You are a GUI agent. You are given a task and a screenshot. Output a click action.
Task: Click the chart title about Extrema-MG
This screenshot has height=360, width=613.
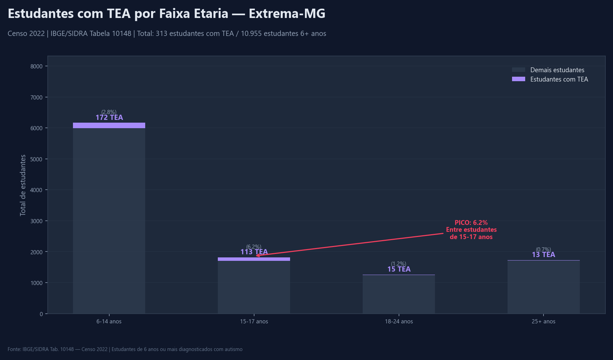(x=166, y=14)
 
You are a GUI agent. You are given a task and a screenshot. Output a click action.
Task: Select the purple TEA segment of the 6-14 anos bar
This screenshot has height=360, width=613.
(x=109, y=125)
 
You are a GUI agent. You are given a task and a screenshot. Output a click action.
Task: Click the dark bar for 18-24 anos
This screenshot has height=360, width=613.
(x=399, y=294)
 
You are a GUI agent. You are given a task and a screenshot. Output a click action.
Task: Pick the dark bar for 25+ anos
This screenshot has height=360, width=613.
(x=543, y=287)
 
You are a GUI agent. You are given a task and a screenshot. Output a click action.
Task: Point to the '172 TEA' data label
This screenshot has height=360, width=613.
(x=109, y=117)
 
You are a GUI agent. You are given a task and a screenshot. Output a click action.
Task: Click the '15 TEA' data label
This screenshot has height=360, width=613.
(x=399, y=269)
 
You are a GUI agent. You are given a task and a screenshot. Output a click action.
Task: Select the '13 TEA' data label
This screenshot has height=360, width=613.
(x=543, y=255)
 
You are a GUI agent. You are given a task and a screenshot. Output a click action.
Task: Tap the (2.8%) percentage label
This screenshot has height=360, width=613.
(x=109, y=112)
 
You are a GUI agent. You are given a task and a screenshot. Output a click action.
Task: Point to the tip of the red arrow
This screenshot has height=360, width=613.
(x=256, y=256)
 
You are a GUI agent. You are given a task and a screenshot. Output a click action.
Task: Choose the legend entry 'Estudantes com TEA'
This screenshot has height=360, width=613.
(x=559, y=79)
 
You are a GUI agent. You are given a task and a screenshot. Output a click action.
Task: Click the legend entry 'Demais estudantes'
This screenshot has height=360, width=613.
(x=557, y=70)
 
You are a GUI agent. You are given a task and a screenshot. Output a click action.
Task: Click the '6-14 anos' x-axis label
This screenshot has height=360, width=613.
(x=109, y=322)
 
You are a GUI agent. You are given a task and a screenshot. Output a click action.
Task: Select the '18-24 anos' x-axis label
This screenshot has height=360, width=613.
(x=399, y=322)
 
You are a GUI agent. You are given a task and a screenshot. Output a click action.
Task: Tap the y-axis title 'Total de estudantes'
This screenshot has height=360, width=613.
(x=23, y=185)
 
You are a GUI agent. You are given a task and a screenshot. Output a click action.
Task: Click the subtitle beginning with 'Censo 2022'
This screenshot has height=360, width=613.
(x=167, y=34)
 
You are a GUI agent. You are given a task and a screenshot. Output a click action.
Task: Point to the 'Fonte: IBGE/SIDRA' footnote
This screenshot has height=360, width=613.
(x=125, y=349)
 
